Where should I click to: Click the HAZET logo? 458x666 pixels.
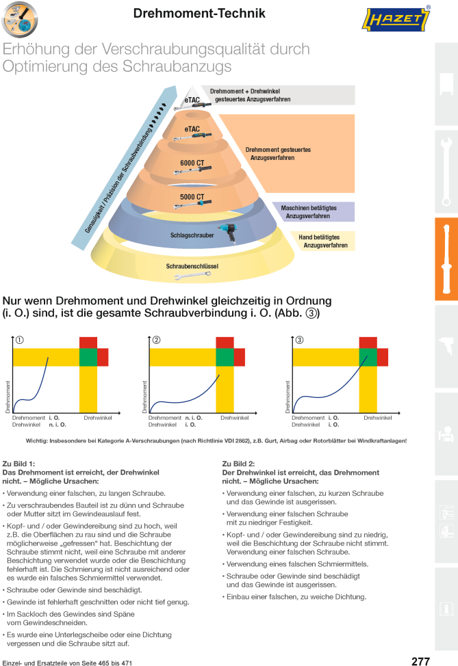coord(396,20)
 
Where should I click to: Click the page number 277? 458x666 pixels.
coord(420,661)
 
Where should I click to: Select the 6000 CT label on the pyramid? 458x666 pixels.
coord(192,163)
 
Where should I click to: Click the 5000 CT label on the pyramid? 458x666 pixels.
coord(192,197)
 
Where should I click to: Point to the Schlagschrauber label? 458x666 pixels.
coord(192,235)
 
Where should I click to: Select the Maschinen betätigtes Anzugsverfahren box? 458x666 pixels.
coord(314,211)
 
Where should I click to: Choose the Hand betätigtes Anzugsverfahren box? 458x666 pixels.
coord(322,241)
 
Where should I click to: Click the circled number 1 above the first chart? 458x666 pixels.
coord(20,340)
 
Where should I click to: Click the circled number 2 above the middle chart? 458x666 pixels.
coord(157,340)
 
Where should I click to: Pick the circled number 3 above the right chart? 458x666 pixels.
coord(299,340)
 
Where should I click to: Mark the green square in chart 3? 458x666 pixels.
coord(368,357)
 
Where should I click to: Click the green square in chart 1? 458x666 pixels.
coord(88,357)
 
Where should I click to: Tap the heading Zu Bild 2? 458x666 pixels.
coord(239,464)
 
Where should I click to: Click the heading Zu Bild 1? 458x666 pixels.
coord(19,464)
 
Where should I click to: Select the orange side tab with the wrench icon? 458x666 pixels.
coord(446,259)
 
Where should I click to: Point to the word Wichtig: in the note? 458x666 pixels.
coord(36,441)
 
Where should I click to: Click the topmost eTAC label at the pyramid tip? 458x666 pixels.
coord(192,101)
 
